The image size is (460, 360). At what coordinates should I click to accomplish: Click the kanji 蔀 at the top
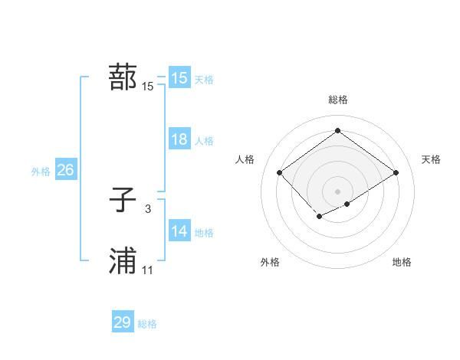coord(123,77)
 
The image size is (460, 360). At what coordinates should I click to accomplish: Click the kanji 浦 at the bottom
coord(123,261)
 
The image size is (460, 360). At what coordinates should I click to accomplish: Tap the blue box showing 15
coord(179,78)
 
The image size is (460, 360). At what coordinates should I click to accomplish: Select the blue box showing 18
coord(179,139)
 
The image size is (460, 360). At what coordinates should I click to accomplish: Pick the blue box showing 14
coord(179,231)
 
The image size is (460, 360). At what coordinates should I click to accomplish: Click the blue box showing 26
coord(65,170)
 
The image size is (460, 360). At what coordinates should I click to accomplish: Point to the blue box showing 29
coord(123,322)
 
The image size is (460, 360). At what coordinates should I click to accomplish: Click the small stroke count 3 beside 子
coord(148,208)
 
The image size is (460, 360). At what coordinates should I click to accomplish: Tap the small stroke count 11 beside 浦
coord(148,270)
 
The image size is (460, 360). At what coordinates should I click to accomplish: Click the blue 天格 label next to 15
coord(204,80)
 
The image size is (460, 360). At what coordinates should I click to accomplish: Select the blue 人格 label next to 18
coord(204,141)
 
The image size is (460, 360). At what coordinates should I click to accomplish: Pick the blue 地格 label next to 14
coord(204,233)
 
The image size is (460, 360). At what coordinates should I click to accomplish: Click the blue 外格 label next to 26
coord(41,172)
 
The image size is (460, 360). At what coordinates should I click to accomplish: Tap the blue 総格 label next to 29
coord(147,324)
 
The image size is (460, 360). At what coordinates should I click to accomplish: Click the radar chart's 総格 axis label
coord(338,100)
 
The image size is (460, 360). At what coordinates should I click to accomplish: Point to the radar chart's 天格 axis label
coord(431,159)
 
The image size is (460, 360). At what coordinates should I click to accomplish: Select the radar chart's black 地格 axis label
coord(402,262)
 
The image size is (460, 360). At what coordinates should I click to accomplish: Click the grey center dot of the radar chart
coord(337,191)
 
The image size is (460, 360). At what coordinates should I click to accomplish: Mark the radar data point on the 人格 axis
coord(280,173)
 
